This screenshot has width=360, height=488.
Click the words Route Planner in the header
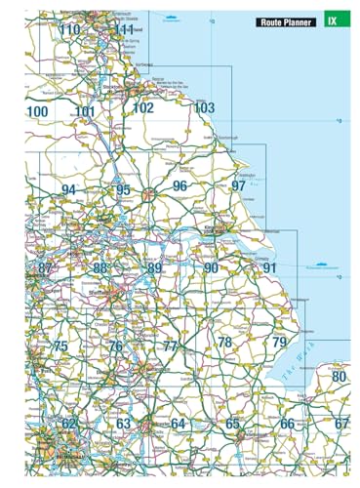[x=286, y=20]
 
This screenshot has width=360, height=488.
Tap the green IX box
[x=335, y=20]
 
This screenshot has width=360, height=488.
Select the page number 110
[x=69, y=30]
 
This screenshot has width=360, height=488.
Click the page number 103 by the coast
[x=203, y=107]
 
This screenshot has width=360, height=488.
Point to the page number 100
[x=37, y=112]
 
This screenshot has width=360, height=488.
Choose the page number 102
[x=142, y=107]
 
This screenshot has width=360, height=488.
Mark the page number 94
[x=67, y=189]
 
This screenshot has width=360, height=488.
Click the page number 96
[x=180, y=185]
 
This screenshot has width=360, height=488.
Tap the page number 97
[x=238, y=185]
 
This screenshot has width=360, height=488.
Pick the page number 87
[x=45, y=267]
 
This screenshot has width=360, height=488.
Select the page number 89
[x=154, y=267]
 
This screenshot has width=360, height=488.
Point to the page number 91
[x=270, y=267]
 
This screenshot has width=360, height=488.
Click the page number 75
[x=60, y=346]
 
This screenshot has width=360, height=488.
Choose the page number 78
[x=224, y=342]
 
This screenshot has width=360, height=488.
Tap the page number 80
[x=339, y=377]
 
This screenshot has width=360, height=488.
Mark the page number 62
[x=68, y=424]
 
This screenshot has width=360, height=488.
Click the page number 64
[x=178, y=424]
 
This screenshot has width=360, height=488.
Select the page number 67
[x=340, y=424]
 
